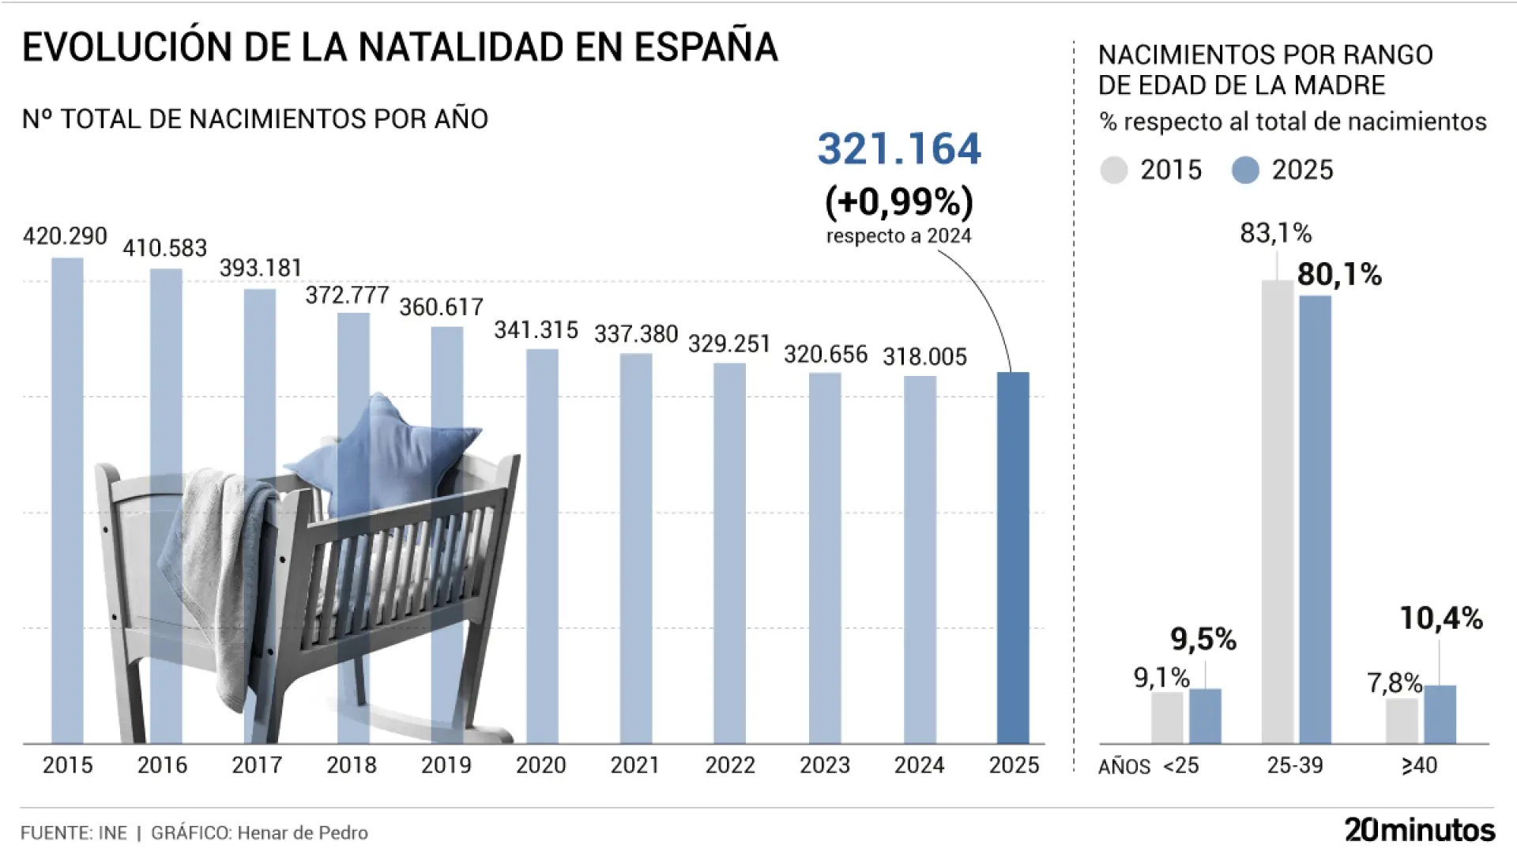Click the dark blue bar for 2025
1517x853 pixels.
pos(1013,557)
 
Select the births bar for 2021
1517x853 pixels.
pos(636,548)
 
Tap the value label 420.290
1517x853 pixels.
pos(65,236)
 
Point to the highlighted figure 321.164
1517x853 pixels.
pos(899,149)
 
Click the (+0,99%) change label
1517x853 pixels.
pos(899,202)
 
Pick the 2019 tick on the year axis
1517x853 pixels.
pos(446,765)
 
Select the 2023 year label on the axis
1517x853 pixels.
pos(824,765)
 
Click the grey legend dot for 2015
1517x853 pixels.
pos(1114,170)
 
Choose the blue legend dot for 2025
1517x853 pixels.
pos(1245,170)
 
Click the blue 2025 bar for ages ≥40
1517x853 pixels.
pos(1440,714)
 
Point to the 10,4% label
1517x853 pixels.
pos(1441,618)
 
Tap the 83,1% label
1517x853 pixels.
pos(1275,233)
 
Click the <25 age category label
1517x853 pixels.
pos(1181,765)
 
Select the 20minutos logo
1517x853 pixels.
pos(1419,830)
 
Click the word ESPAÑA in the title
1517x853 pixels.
pos(706,47)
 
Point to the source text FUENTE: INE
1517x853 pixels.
pos(73,832)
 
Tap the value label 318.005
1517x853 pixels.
pos(924,357)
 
